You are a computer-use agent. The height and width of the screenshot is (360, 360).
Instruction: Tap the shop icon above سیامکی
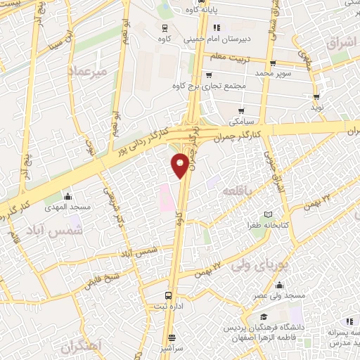(242, 110)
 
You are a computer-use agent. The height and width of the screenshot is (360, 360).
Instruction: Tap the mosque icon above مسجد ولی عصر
(280, 285)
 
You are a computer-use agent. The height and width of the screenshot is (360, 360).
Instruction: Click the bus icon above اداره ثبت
(167, 295)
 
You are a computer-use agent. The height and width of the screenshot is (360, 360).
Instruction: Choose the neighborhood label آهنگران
(80, 347)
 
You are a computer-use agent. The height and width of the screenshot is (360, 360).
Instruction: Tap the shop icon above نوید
(316, 96)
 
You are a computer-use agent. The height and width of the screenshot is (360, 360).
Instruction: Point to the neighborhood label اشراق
(342, 44)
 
